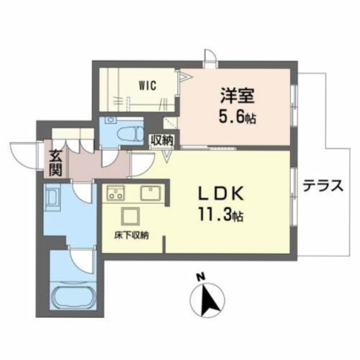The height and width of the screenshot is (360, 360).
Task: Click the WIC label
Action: coord(147,85)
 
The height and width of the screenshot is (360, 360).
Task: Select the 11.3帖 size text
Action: coord(221,214)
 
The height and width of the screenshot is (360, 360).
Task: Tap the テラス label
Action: coord(323,186)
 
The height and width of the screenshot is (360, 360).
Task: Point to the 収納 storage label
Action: coord(162,140)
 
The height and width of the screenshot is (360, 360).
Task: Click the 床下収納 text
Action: coord(132,235)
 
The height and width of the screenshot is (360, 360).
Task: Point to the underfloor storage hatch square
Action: coord(130,216)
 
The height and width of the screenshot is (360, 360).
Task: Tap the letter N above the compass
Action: coord(201,277)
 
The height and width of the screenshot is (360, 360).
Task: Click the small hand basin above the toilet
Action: coord(111,120)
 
